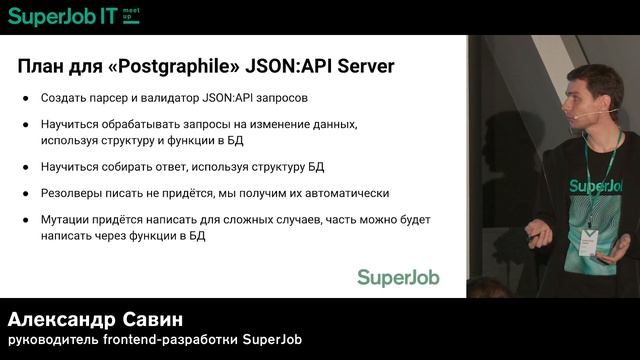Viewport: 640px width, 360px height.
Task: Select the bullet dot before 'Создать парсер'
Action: point(26,99)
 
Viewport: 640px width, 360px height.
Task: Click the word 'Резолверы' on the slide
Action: point(73,193)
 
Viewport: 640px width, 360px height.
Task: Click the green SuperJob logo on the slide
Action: point(398,277)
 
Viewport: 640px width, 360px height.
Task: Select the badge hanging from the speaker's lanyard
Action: point(589,241)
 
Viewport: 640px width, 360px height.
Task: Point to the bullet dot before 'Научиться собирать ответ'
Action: point(26,167)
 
